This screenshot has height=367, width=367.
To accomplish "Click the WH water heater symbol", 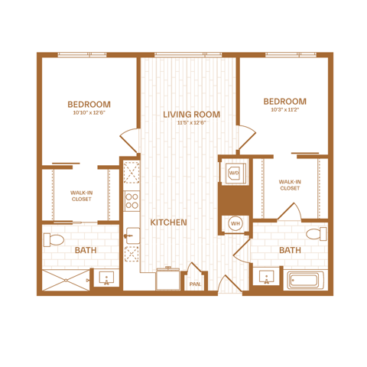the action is click(x=235, y=223).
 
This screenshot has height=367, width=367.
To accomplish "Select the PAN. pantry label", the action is click(x=196, y=284).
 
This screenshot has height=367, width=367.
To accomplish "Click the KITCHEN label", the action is click(x=168, y=222).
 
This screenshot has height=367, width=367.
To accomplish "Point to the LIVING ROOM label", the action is click(x=191, y=115).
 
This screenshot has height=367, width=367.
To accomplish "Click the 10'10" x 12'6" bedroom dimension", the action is click(x=89, y=112).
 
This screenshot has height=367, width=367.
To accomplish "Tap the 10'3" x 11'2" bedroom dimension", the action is click(x=284, y=110).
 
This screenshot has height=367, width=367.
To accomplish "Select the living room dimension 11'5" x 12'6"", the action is click(x=191, y=123).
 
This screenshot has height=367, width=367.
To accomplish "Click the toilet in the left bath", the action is click(x=54, y=240).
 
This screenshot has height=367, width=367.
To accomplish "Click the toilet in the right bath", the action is click(x=317, y=234).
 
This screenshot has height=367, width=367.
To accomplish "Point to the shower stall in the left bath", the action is click(x=66, y=280).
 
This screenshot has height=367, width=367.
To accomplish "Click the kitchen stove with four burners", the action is click(x=132, y=201).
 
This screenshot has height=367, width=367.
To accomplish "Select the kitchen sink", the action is click(x=132, y=235).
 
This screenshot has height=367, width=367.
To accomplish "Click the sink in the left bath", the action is click(x=106, y=278).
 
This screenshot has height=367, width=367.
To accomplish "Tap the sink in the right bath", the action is click(x=267, y=277).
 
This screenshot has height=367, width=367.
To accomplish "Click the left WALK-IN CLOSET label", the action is click(x=82, y=196).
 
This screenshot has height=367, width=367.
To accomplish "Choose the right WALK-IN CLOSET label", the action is click(x=290, y=185).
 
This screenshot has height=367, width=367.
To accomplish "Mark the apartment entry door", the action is click(x=230, y=284).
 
